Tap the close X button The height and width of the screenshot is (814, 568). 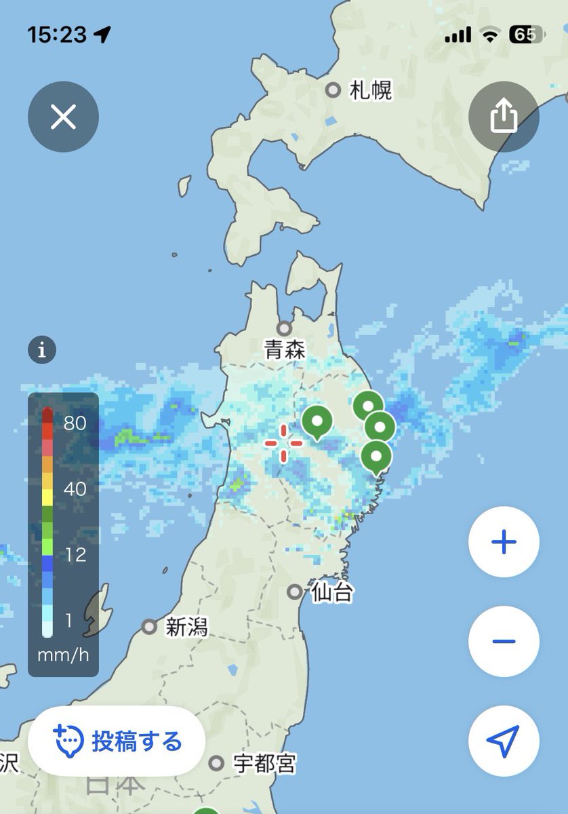[x=63, y=117]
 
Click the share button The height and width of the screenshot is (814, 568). [x=504, y=117]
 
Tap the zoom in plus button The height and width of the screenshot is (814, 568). [x=504, y=542]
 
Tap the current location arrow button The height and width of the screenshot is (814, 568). [x=504, y=741]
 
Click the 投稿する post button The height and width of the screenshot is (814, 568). [x=117, y=741]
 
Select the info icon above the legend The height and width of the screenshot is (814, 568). [x=42, y=351]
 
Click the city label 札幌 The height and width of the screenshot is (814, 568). [x=371, y=90]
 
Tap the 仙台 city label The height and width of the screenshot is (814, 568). [x=331, y=593]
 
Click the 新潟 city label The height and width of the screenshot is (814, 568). [x=186, y=627]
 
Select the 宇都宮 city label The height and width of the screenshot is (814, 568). [x=264, y=764]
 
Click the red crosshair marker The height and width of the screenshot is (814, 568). [x=283, y=443]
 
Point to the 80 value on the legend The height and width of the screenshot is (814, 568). [x=75, y=423]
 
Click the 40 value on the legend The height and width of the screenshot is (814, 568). [x=75, y=489]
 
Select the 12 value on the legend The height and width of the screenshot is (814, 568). [x=75, y=555]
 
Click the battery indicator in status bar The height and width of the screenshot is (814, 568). [x=526, y=35]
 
